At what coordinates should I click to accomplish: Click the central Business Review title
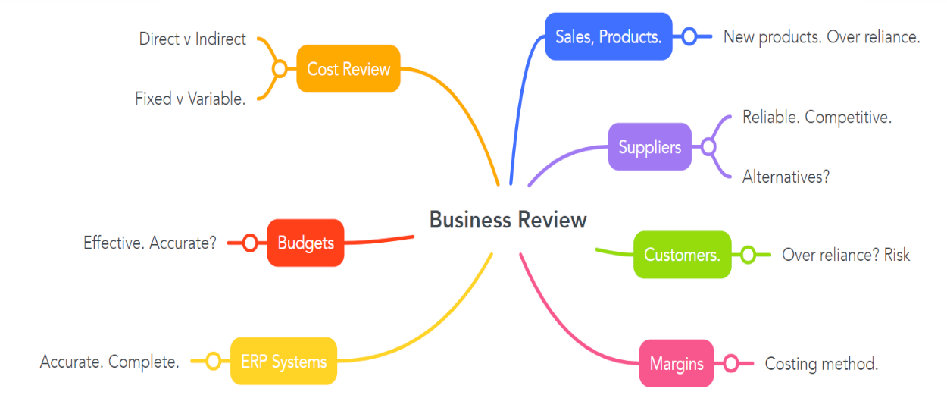(508, 220)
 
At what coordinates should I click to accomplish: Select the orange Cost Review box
(348, 69)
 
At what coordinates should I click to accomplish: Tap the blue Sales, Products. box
(608, 36)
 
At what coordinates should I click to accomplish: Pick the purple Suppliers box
(650, 147)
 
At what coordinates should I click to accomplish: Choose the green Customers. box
(682, 255)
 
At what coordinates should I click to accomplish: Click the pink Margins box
(677, 364)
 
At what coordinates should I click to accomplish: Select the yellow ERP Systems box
(283, 362)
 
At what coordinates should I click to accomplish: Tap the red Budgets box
(305, 243)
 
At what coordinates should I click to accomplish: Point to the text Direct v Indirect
(192, 39)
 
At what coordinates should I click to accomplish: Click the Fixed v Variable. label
(190, 99)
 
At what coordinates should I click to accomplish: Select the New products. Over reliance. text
(821, 36)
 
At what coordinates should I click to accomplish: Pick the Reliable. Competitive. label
(817, 118)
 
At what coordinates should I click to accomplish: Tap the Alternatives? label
(786, 177)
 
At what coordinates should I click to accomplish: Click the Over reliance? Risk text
(845, 255)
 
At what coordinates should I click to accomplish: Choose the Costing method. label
(821, 364)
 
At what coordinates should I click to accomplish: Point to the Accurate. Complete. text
(110, 362)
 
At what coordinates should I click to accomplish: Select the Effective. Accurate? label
(150, 243)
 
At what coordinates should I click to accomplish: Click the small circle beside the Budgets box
(250, 243)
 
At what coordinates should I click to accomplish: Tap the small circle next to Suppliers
(708, 147)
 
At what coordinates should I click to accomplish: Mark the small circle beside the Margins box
(730, 364)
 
